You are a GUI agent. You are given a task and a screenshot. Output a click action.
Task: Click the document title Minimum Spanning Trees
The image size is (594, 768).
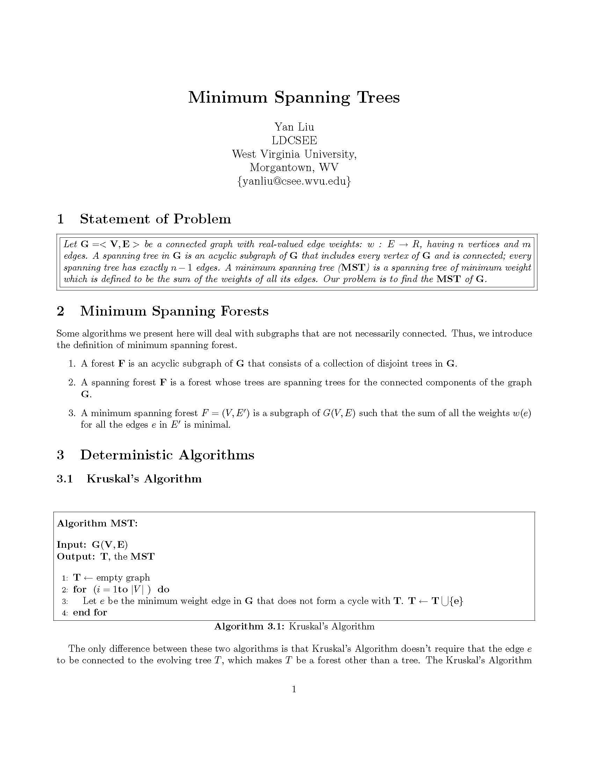[x=294, y=97]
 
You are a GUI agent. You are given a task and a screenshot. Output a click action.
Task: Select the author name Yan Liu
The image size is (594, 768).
[x=294, y=127]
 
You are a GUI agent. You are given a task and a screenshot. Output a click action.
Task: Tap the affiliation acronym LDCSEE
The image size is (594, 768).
[x=294, y=140]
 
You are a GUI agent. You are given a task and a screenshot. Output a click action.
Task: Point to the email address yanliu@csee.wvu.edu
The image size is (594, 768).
[x=294, y=181]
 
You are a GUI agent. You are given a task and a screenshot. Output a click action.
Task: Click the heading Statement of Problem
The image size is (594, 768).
[x=155, y=219]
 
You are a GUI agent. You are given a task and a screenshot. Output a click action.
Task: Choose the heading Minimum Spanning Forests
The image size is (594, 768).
[x=174, y=311]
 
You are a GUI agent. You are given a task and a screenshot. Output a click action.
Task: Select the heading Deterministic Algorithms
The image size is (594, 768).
[x=167, y=455]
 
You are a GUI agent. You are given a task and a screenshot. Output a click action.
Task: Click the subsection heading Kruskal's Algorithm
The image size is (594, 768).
[x=144, y=479]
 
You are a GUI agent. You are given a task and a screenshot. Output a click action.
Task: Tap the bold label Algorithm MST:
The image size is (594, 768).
[x=97, y=523]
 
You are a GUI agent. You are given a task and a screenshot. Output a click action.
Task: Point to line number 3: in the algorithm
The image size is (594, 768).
[x=65, y=601]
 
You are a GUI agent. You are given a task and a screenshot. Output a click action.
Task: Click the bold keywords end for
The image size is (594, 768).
[x=90, y=612]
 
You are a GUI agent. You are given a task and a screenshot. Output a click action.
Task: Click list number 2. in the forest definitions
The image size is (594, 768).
[x=72, y=383]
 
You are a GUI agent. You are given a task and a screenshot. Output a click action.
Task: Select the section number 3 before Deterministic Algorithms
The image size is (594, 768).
[x=60, y=455]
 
